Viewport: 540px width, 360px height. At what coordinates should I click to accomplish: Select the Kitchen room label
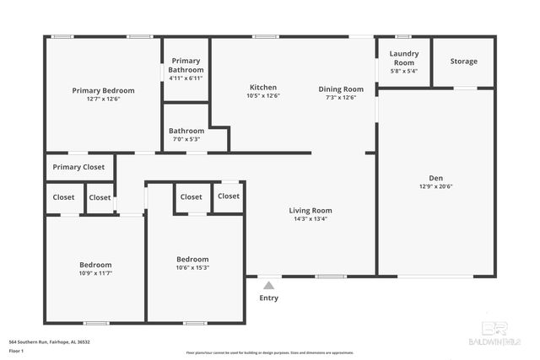(262, 88)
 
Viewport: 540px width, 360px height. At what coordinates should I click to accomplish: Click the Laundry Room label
(403, 58)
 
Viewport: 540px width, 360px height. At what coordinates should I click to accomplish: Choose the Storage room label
(463, 62)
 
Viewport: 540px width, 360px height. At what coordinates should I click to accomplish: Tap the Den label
(435, 178)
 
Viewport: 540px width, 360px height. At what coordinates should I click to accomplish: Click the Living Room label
(310, 211)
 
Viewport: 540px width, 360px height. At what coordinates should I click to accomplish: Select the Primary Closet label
(78, 167)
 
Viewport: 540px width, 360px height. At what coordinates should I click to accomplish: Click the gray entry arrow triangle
(268, 286)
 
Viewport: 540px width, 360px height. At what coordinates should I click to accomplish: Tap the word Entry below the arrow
(268, 298)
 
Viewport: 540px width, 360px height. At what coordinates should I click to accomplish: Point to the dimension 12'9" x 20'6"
(435, 186)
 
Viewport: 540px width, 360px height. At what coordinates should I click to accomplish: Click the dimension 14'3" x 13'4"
(310, 219)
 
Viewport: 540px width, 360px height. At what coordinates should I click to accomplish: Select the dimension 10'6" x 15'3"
(192, 267)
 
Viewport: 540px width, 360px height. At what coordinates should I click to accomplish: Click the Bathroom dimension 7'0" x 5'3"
(186, 139)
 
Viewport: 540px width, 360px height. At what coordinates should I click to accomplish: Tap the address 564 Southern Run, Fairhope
(49, 341)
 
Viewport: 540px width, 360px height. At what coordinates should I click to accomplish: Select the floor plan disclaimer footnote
(270, 352)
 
